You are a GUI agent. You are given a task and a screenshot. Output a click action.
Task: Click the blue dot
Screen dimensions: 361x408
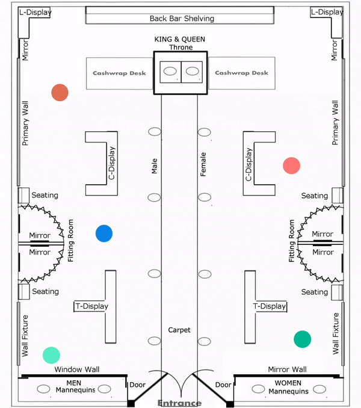pos(104,233)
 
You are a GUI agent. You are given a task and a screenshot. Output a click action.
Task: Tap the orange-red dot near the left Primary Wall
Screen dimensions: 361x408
pos(60,93)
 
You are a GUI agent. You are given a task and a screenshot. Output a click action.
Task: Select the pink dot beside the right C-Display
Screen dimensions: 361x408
pos(292,165)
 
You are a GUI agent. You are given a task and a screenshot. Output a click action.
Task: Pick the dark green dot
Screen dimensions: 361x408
pos(302,339)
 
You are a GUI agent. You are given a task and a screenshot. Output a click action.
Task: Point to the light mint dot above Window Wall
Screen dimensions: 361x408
pos(51,355)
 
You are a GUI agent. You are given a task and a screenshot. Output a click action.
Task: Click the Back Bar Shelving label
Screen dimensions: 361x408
pos(182,19)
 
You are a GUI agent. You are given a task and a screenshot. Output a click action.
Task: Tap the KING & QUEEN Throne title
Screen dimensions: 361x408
pos(180,43)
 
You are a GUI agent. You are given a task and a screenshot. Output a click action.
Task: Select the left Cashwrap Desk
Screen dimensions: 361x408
pos(119,73)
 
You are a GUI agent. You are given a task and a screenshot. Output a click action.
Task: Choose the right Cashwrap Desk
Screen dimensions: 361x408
pos(242,73)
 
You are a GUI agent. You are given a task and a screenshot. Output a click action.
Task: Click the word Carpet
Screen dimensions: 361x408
pos(179,330)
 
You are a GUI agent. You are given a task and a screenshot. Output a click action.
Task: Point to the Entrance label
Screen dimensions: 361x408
pos(179,403)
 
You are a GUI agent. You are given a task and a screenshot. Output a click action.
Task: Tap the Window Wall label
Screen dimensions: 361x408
pos(77,369)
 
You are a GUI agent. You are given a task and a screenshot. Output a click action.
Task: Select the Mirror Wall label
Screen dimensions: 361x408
pos(287,369)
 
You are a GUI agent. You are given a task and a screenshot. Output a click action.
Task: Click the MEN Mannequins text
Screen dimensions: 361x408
pos(75,386)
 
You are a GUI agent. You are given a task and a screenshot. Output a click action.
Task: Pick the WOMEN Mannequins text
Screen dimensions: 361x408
pos(288,387)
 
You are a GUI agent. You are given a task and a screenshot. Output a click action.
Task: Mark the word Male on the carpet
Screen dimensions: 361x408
pos(155,166)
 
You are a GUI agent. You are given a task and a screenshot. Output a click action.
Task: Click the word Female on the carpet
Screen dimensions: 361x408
pos(203,164)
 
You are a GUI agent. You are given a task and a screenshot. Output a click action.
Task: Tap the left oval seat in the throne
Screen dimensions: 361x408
pos(170,71)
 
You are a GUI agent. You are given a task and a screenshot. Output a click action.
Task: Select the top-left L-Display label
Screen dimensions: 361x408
pos(35,12)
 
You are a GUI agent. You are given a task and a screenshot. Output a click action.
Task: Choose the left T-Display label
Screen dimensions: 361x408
pos(92,306)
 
